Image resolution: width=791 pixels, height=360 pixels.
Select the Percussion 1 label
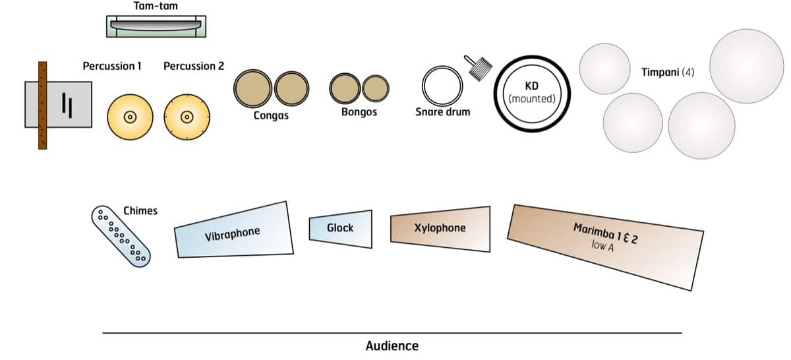click(112, 66)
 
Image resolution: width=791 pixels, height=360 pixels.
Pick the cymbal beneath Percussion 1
click(130, 117)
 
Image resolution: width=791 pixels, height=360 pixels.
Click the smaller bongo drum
click(375, 88)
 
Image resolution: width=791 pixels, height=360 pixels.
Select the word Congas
click(271, 116)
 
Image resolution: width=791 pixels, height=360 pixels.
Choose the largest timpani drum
click(746, 65)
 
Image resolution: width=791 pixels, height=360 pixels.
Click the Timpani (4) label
click(668, 71)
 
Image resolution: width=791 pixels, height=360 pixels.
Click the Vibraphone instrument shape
click(233, 230)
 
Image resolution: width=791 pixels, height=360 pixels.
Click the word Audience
click(392, 345)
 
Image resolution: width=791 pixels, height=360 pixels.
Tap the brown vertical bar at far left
click(42, 105)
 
